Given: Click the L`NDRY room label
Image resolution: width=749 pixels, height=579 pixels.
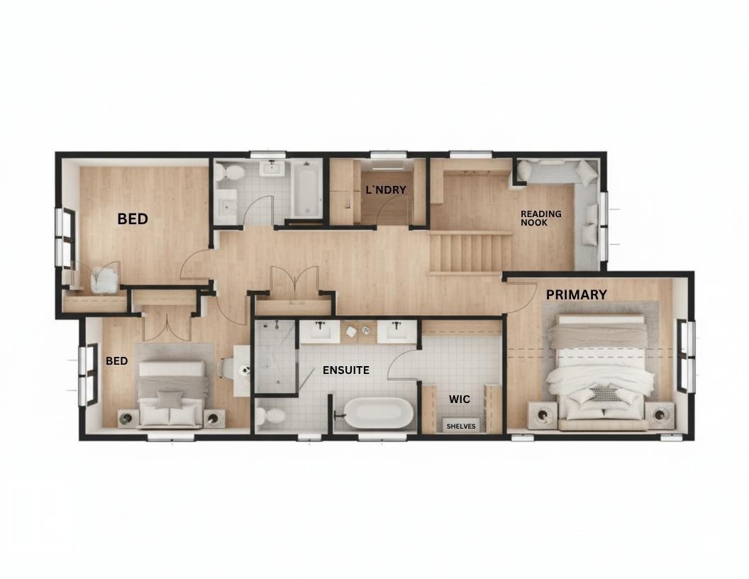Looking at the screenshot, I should click(385, 190).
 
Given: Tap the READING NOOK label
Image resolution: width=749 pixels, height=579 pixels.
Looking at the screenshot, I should click(540, 218).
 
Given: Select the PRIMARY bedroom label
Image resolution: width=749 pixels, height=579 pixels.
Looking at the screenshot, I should click(576, 294).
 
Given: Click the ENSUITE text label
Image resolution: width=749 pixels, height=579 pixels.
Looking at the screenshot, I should click(345, 370).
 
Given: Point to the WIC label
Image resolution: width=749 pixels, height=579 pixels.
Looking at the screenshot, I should click(459, 399).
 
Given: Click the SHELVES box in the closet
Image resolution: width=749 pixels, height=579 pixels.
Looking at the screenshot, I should click(461, 426).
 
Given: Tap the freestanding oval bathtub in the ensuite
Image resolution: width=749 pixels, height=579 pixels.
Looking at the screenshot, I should click(377, 413).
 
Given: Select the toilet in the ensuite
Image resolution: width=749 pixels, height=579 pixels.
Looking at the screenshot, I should click(270, 417).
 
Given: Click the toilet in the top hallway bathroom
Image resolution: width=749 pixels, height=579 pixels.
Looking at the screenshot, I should click(231, 172).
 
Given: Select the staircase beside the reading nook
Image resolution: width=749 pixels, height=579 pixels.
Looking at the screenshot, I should click(470, 253).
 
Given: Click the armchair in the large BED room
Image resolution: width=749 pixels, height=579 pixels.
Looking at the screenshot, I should click(104, 278).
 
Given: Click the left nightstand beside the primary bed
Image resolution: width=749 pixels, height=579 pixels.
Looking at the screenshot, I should click(543, 414).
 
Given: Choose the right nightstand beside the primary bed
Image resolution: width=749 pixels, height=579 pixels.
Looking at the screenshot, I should click(660, 414).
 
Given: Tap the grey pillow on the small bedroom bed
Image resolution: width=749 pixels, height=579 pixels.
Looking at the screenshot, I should click(170, 399).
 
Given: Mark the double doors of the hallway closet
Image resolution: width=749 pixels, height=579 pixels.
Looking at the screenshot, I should click(294, 281).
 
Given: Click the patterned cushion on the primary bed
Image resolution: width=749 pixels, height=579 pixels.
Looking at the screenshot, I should click(604, 394).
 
